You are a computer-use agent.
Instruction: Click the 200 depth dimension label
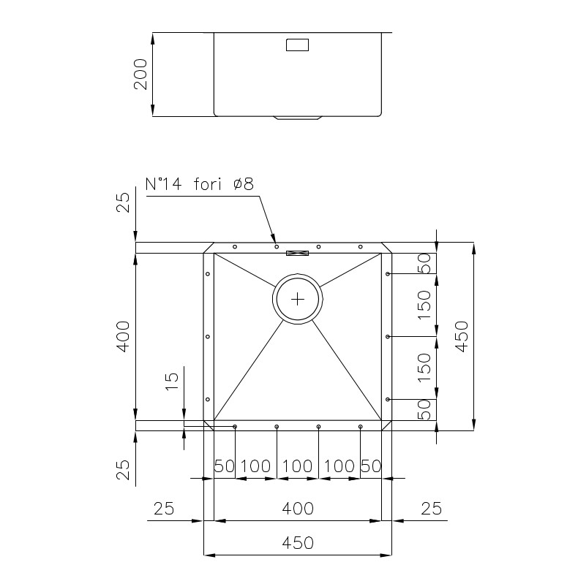coord(140,74)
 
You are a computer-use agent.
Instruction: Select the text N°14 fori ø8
coord(200,183)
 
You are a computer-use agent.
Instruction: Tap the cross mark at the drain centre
coord(298,299)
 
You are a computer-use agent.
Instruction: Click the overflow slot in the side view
coord(297,45)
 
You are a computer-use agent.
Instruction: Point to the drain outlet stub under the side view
coord(298,118)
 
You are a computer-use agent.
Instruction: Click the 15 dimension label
coord(172,381)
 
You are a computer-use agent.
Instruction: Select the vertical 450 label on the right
coord(462,336)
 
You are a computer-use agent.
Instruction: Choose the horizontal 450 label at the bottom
coord(298,543)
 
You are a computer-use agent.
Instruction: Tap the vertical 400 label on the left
coord(123,336)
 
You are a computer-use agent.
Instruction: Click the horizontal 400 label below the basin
coord(298,509)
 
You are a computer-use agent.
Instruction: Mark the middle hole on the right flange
coord(387,336)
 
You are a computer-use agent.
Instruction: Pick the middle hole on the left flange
coord(208,336)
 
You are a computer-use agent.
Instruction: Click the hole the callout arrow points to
coord(277,246)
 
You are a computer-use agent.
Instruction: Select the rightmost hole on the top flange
coord(360,246)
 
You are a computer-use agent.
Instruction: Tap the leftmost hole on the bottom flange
coord(235,427)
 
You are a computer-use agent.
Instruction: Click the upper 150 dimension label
coord(424,305)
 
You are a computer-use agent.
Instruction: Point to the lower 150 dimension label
coord(424,368)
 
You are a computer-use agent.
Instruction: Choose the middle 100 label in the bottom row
coord(298,466)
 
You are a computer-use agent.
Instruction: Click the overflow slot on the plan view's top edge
coord(297,254)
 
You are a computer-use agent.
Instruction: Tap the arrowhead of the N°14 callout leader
coord(273,239)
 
